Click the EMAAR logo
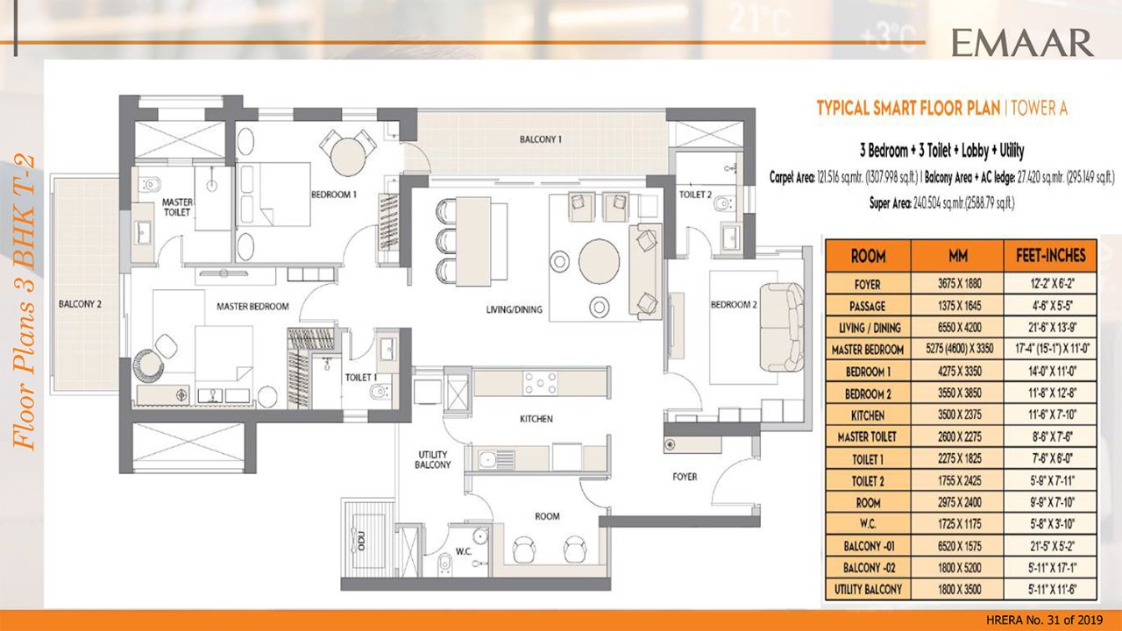click(1022, 40)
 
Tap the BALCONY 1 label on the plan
click(540, 139)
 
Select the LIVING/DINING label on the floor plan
click(515, 309)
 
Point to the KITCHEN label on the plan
click(536, 419)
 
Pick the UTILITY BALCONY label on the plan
click(433, 458)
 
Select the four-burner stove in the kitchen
click(541, 383)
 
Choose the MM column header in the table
click(957, 256)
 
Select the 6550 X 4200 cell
click(957, 328)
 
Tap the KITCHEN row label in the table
click(867, 415)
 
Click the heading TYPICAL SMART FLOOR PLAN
click(911, 109)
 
